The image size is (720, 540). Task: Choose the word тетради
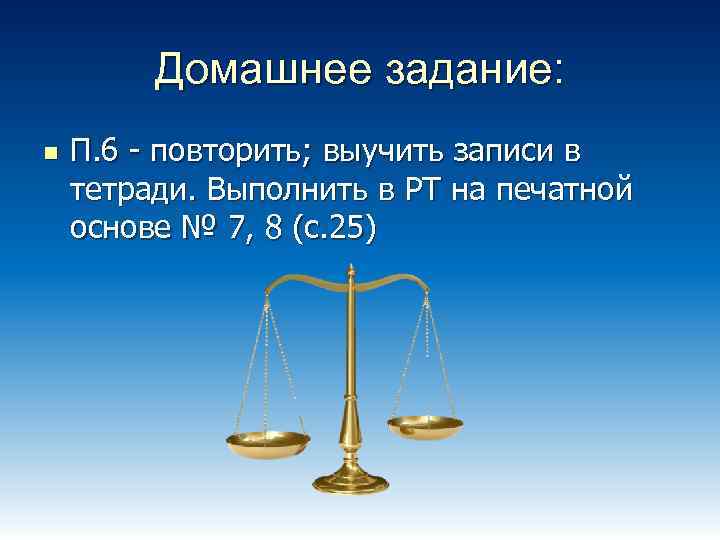click(127, 192)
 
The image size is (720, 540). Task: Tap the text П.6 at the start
click(97, 154)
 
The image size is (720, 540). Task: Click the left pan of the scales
click(268, 440)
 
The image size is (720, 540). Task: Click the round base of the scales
click(351, 482)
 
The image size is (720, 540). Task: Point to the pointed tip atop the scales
click(351, 268)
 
